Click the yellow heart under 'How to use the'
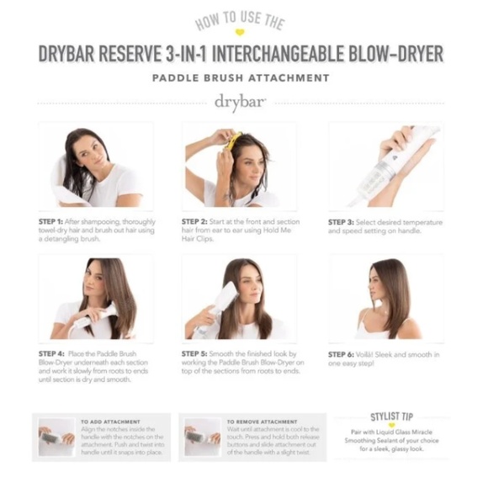239,33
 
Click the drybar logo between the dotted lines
241,102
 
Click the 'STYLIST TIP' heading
391,416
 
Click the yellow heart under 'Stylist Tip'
391,426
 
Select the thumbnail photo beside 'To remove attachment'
202,438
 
